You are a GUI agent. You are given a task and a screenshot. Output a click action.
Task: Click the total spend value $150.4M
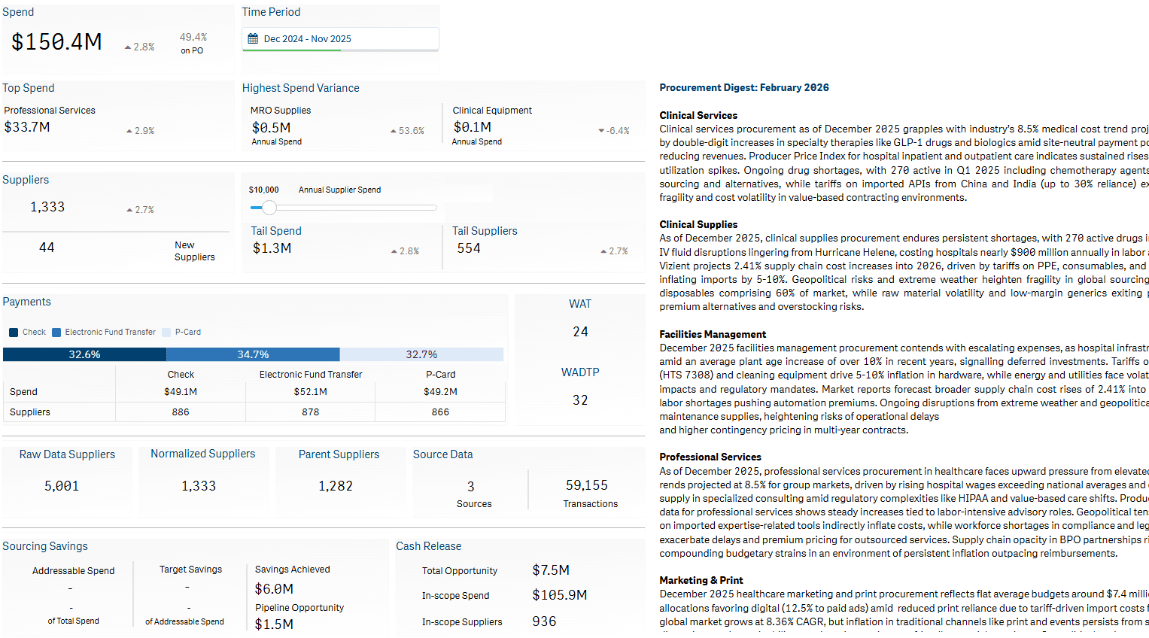pyautogui.click(x=56, y=42)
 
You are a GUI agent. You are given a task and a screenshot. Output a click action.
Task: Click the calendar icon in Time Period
pyautogui.click(x=253, y=39)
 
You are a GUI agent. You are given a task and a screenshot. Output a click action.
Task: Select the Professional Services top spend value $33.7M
pyautogui.click(x=27, y=127)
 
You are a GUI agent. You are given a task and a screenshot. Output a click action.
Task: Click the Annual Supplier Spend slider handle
pyautogui.click(x=269, y=208)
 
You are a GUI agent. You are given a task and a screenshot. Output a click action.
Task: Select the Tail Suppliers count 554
pyautogui.click(x=469, y=248)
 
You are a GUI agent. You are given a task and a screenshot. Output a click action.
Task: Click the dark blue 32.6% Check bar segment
pyautogui.click(x=84, y=354)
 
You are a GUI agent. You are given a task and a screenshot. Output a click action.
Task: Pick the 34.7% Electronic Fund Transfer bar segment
pyautogui.click(x=253, y=354)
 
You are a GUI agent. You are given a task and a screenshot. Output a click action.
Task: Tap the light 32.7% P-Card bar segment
pyautogui.click(x=421, y=354)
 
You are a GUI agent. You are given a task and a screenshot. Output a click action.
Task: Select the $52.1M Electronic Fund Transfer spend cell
pyautogui.click(x=310, y=392)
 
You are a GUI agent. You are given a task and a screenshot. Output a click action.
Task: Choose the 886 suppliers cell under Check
pyautogui.click(x=181, y=412)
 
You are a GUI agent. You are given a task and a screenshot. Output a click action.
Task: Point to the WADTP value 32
pyautogui.click(x=580, y=400)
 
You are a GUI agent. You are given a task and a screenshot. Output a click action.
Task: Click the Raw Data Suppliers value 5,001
pyautogui.click(x=62, y=486)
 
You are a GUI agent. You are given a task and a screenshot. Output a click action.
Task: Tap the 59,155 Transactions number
pyautogui.click(x=587, y=486)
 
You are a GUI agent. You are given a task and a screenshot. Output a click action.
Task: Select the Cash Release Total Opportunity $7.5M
pyautogui.click(x=551, y=570)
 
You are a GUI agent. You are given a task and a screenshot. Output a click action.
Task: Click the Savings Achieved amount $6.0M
pyautogui.click(x=274, y=589)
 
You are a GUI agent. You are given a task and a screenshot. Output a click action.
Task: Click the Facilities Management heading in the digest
pyautogui.click(x=713, y=334)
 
